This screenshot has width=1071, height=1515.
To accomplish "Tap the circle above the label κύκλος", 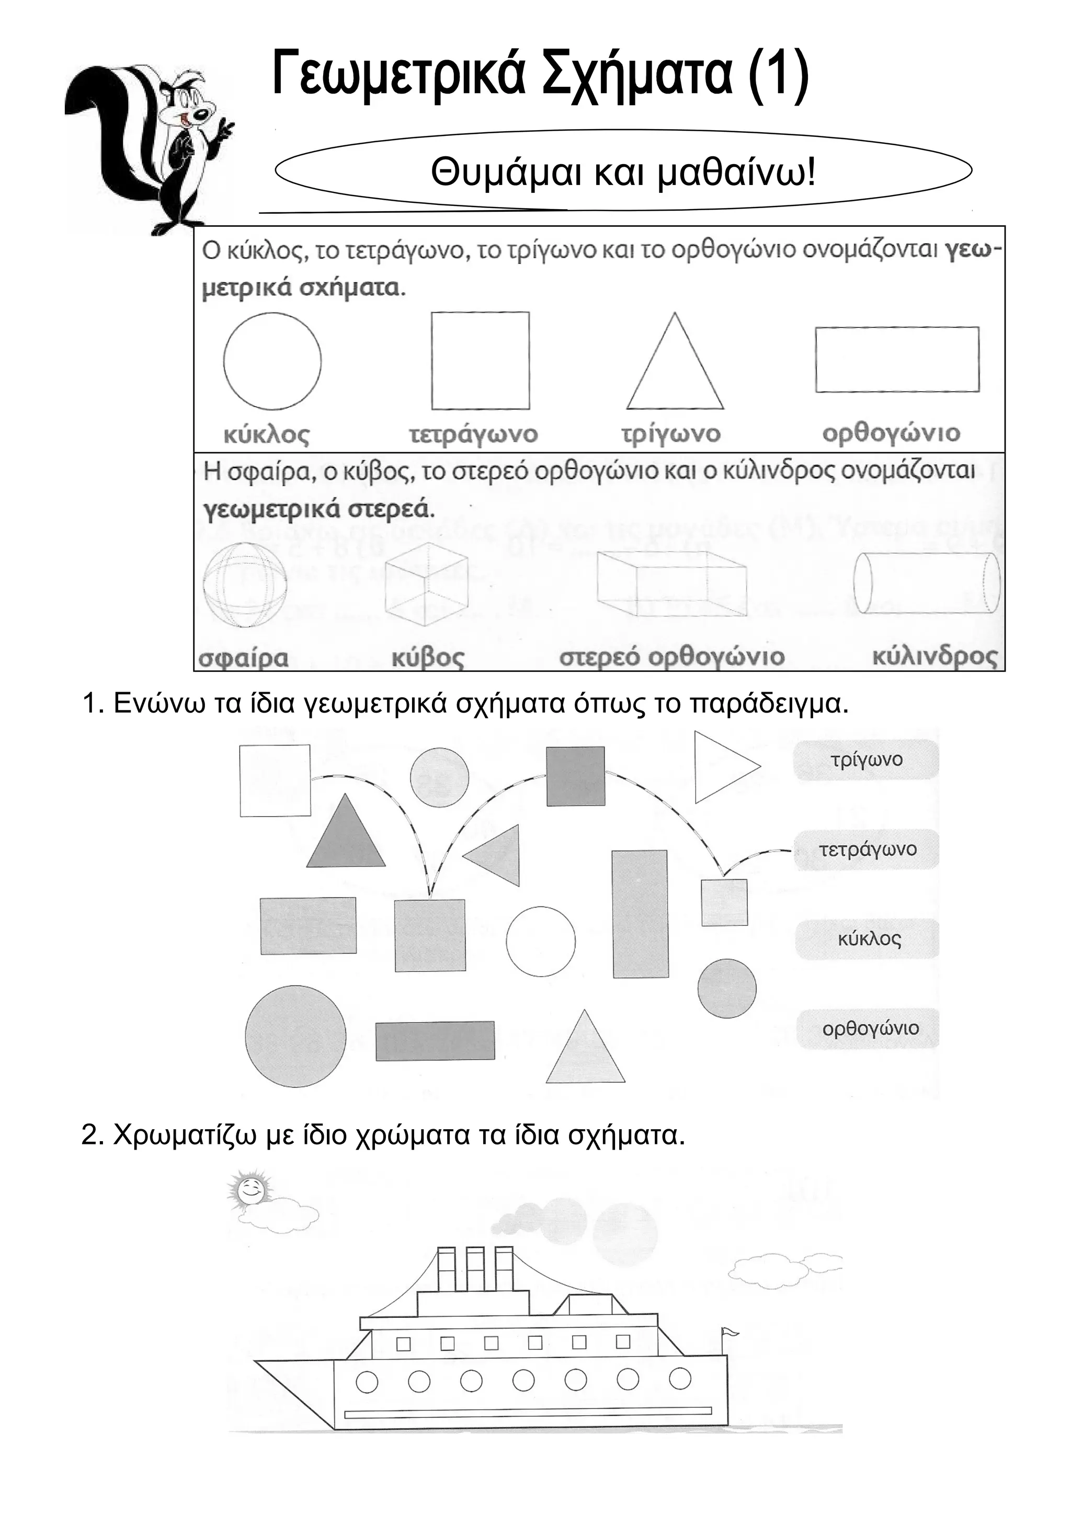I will pos(272,362).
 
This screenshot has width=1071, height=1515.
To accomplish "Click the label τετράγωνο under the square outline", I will pos(473,434).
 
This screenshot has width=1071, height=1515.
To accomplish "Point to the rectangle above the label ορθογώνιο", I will pos(897,360).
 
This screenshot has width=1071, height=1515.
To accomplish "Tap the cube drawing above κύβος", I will pos(426,583).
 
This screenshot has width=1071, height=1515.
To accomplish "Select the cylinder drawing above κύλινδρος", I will pos(926,583).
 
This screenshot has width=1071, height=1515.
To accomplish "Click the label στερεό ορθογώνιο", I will pos(672,657).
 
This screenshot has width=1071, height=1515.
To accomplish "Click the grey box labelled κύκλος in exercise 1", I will pos(868,939).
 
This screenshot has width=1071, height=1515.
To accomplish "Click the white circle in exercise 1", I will pos(540,942).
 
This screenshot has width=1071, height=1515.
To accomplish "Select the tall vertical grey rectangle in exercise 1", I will pos(640,914).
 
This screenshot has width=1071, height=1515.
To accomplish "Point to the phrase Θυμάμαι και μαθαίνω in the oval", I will pos(623,173).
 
